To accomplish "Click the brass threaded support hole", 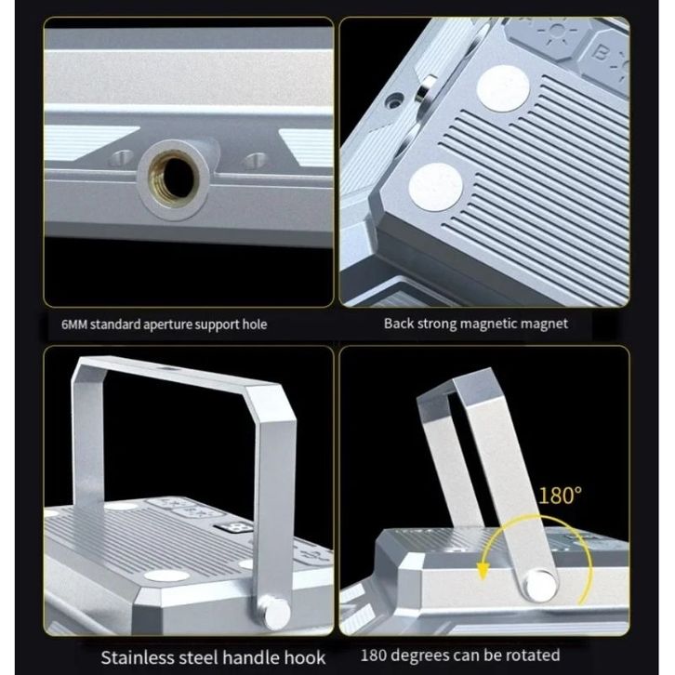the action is click(175, 178).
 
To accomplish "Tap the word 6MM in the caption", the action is click(74, 324).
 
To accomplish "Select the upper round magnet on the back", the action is click(502, 89).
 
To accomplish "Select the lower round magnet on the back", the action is click(435, 187).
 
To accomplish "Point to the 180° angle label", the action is click(560, 496).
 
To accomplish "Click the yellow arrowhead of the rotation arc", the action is click(483, 571).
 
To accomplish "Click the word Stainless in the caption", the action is click(138, 658).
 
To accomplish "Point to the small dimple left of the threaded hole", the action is click(121, 158).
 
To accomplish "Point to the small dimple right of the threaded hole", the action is click(256, 160).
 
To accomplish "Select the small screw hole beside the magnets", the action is click(393, 102).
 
